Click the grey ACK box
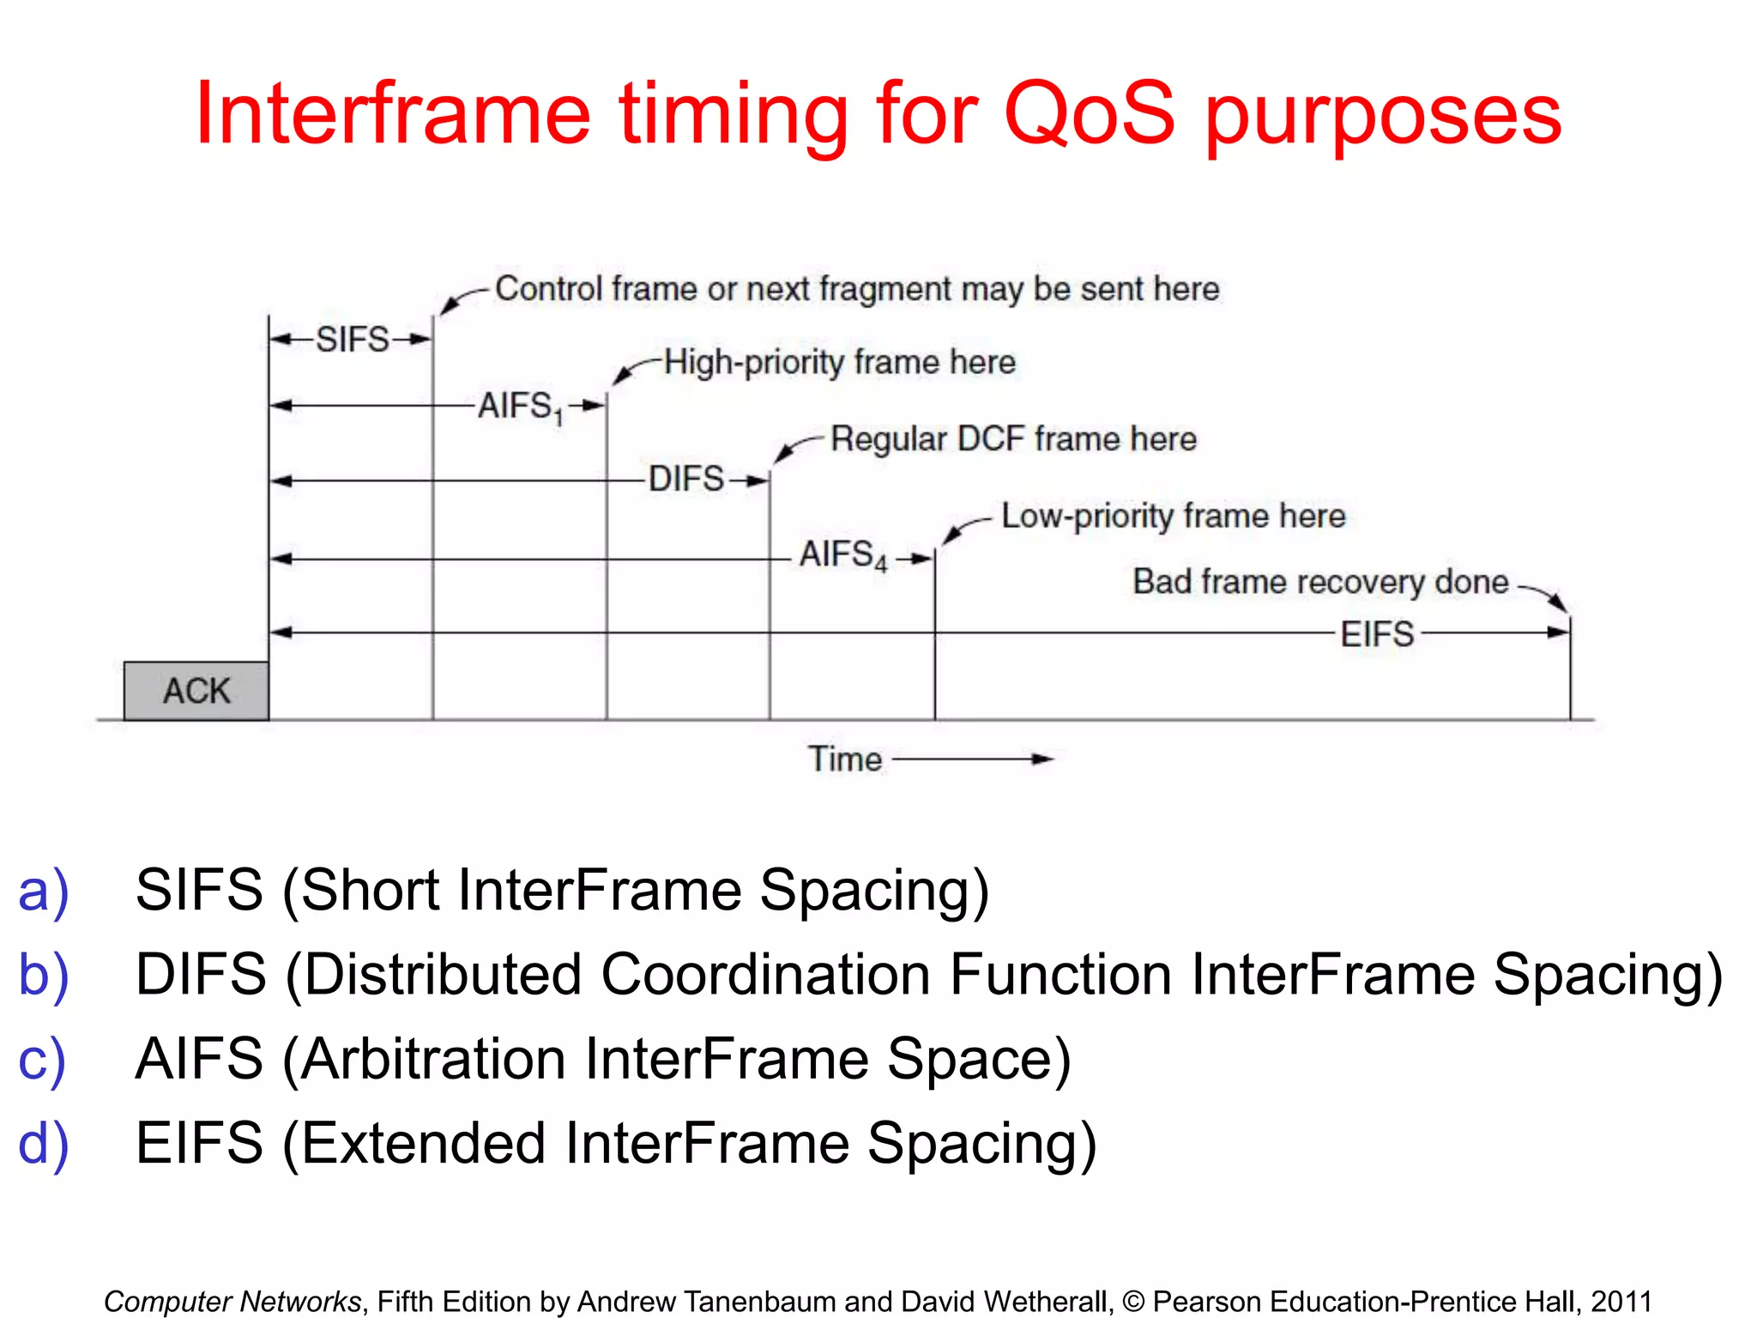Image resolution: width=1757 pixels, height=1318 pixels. [x=196, y=691]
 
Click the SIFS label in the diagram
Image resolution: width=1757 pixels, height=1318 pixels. [x=353, y=340]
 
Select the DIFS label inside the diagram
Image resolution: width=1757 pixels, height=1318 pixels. [x=686, y=479]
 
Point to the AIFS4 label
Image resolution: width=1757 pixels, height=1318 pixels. [x=842, y=555]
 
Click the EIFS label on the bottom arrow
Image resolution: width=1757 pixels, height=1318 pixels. [x=1377, y=634]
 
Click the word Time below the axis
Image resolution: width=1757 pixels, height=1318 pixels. [x=845, y=759]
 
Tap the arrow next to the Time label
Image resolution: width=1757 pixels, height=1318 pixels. [x=974, y=759]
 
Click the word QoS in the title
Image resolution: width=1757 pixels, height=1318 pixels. [x=1089, y=114]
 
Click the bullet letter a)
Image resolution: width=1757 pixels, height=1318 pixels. [x=43, y=891]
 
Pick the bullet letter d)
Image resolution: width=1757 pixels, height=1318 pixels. [x=43, y=1144]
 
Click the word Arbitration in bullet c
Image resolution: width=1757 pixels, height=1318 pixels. [x=433, y=1059]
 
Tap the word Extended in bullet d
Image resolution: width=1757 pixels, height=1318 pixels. [x=423, y=1144]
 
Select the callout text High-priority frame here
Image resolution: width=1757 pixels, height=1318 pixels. [x=839, y=362]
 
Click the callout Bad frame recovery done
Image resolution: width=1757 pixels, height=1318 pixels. [x=1319, y=582]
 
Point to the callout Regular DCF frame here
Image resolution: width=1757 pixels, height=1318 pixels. [x=1013, y=438]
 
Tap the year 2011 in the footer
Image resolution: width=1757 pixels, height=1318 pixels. [x=1621, y=1301]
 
